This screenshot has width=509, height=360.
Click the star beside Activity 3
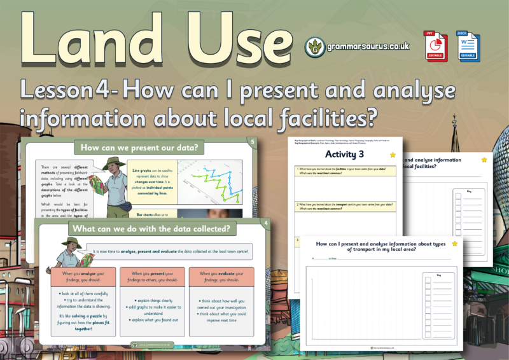point(393,155)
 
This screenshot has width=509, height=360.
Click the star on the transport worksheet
point(454,243)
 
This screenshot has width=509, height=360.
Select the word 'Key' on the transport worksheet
point(438,275)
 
